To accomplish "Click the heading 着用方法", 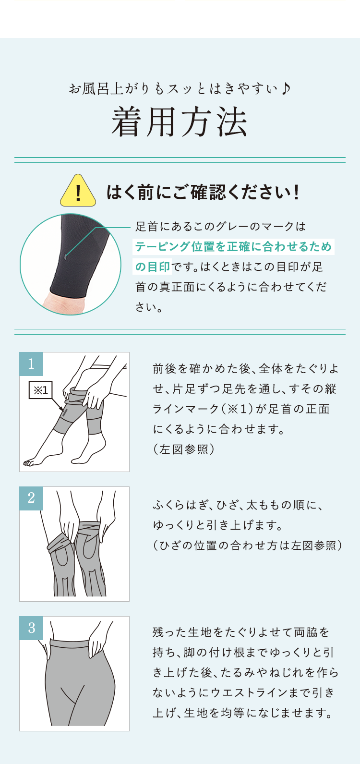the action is coord(180,122).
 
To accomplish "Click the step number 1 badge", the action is coord(31,364).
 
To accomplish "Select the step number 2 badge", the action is coord(31,498).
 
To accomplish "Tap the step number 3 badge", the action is coord(31,628).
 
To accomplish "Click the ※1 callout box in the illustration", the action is coord(41,390).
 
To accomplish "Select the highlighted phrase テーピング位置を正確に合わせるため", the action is coord(233,247).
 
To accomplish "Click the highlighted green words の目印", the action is coord(152,267).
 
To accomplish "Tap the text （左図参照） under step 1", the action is coord(184,449).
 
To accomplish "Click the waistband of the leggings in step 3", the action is coord(78,643).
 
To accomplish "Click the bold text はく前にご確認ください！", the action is coord(204,192).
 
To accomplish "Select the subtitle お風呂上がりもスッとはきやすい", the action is coord(175,89).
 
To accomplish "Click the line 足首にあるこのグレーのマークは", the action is coord(221,227).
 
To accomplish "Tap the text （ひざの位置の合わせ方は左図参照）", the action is coord(248,546).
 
